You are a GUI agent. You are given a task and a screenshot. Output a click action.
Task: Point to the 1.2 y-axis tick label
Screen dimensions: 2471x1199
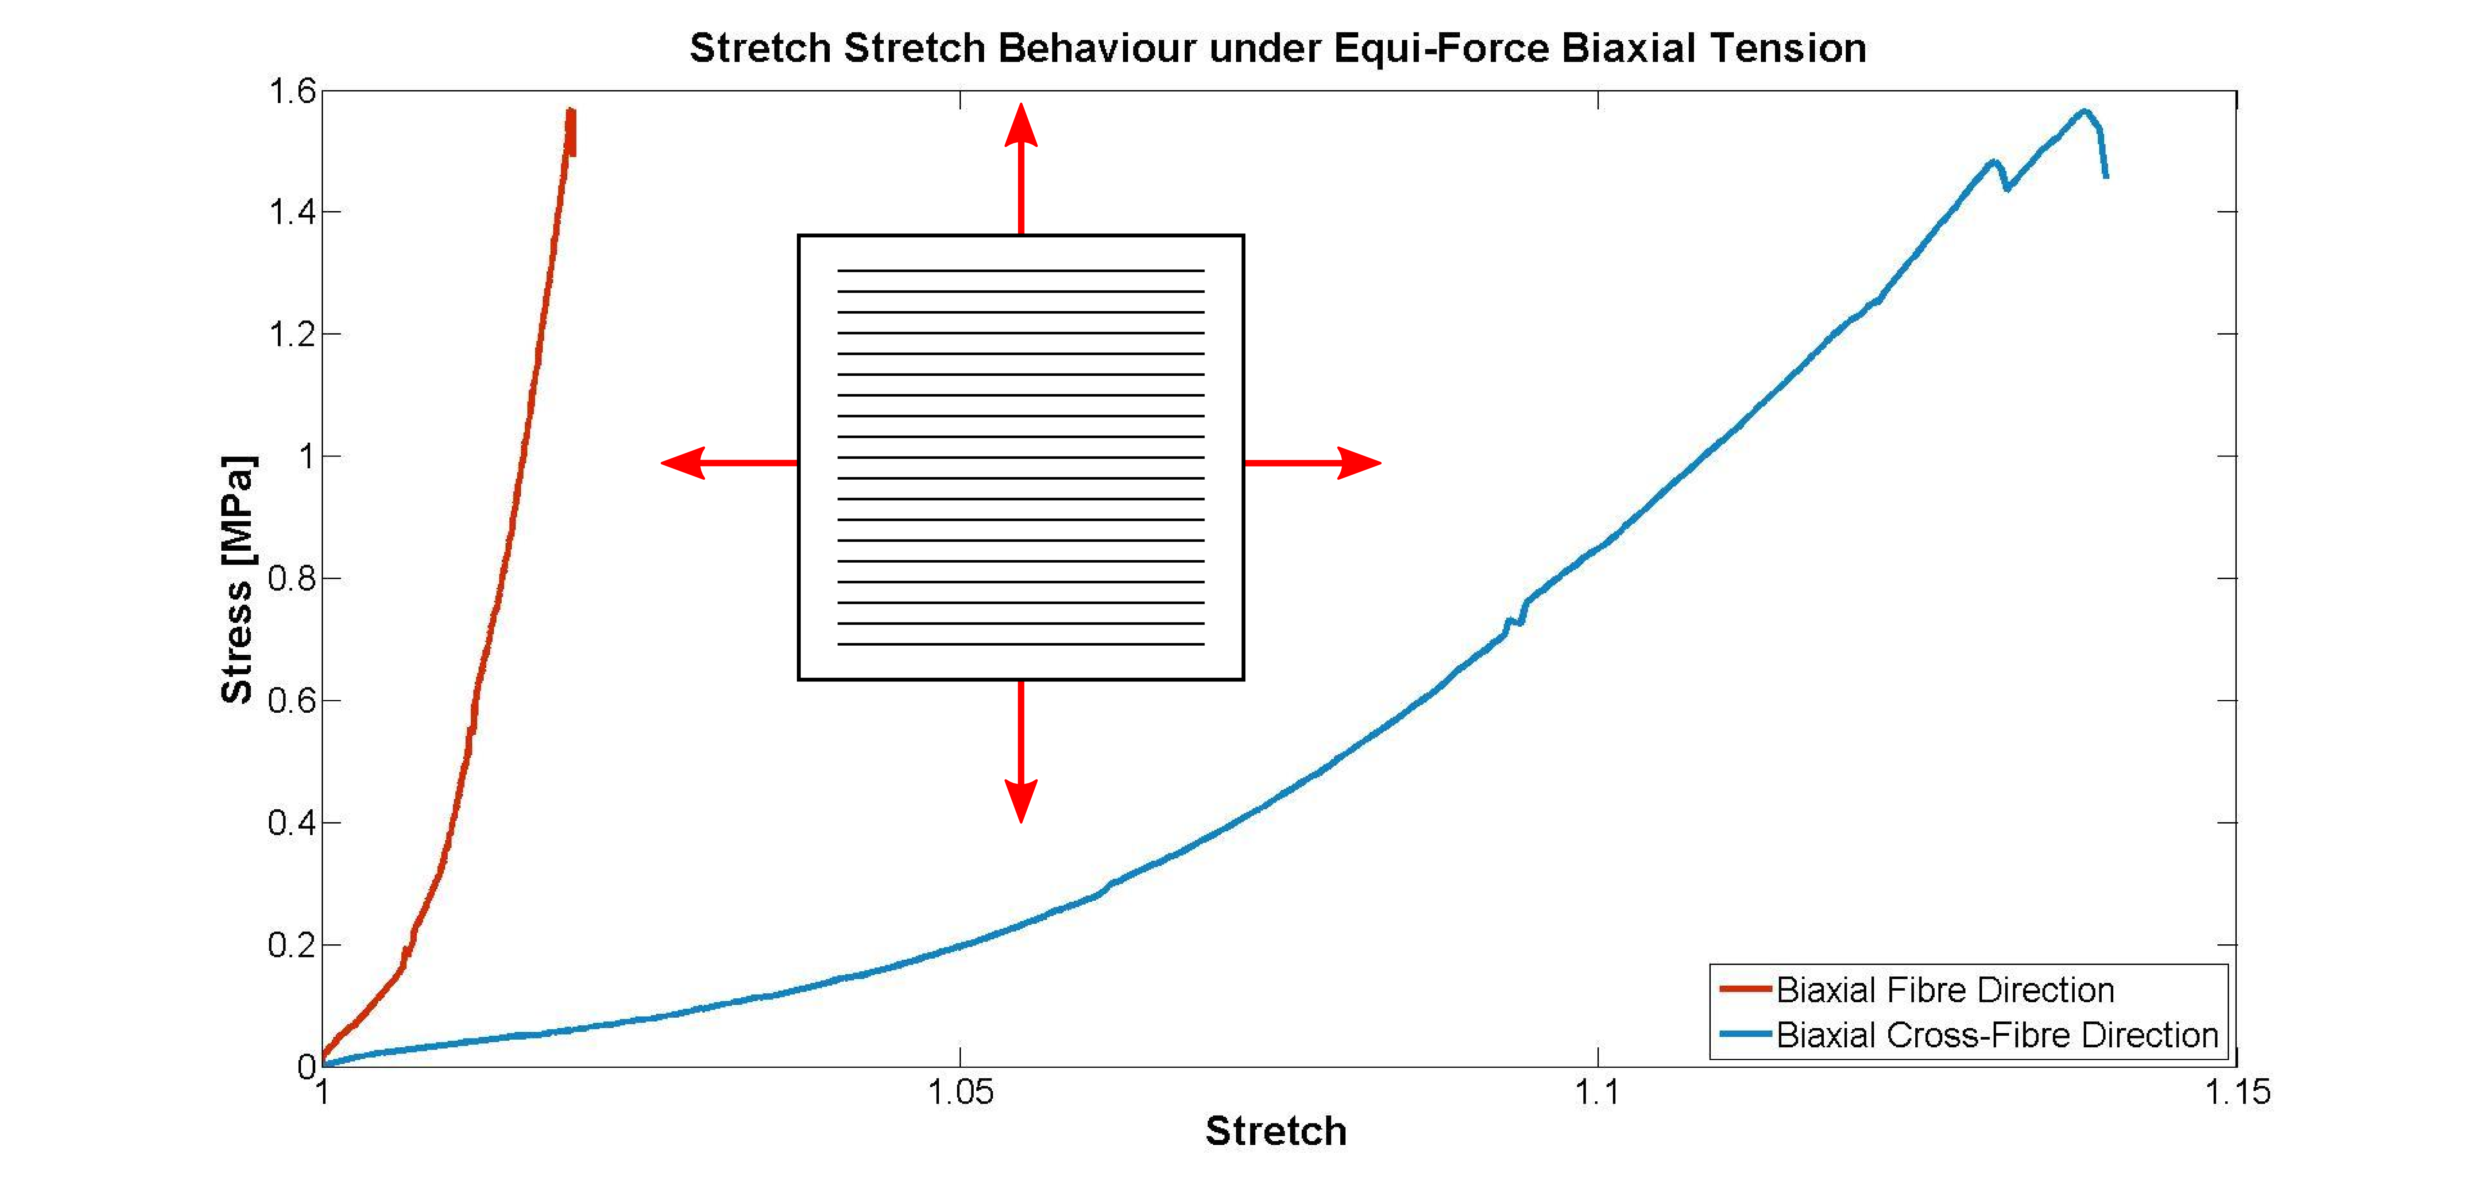[292, 335]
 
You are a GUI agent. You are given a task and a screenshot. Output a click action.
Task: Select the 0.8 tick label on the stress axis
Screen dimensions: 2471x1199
[292, 578]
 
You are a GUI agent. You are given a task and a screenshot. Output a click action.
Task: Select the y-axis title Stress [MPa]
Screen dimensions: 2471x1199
[237, 579]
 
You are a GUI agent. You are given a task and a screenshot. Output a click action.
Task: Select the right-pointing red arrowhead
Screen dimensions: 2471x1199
[1359, 462]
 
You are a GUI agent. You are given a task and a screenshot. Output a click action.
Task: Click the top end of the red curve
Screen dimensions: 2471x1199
[571, 110]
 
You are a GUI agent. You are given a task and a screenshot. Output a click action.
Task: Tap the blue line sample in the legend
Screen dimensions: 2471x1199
[1745, 1034]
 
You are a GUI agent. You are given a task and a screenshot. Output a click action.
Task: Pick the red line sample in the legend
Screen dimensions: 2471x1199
[1745, 988]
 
